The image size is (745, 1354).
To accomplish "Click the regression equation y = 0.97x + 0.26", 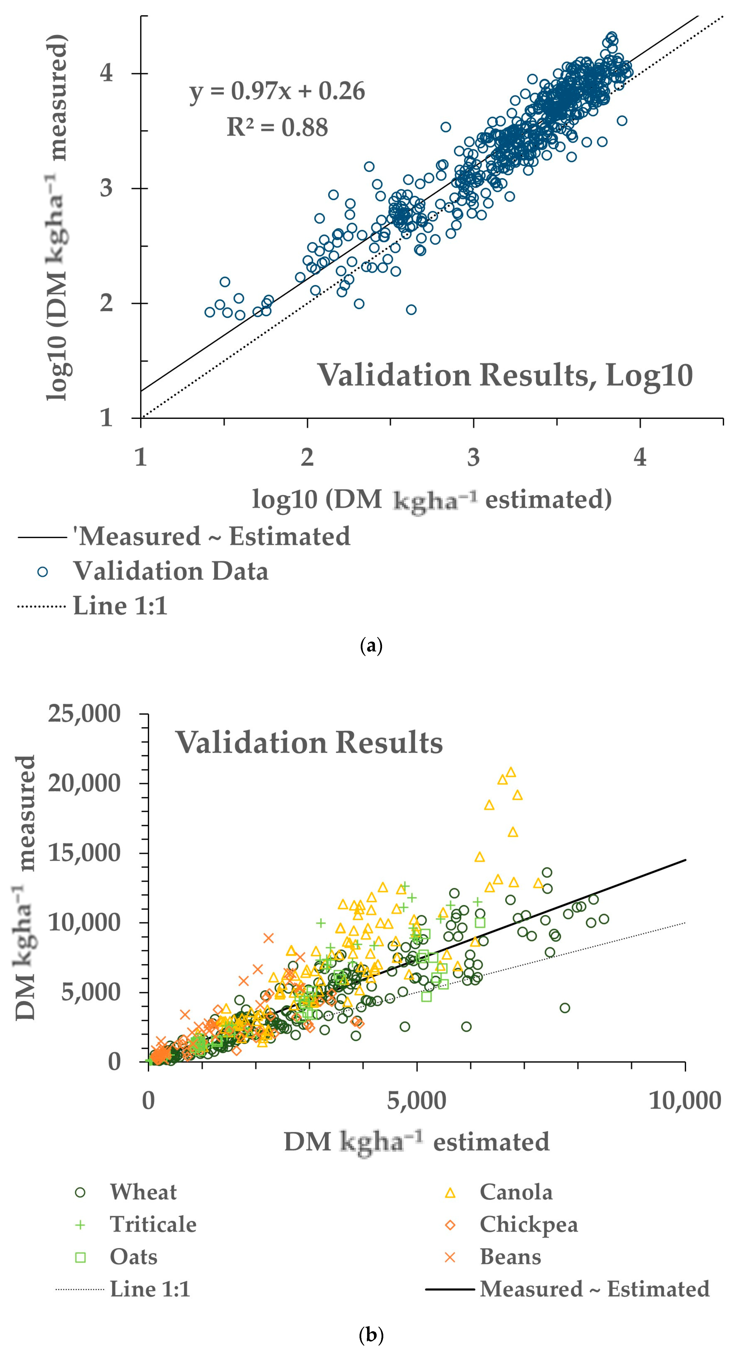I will (x=277, y=91).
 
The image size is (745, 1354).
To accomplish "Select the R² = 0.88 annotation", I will (x=277, y=127).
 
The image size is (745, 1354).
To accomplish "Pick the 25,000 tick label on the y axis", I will (x=84, y=714).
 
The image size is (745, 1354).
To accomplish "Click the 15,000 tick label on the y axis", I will (x=84, y=853).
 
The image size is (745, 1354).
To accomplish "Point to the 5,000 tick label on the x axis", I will (x=417, y=1101).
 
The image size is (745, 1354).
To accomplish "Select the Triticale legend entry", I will (x=152, y=1225).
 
